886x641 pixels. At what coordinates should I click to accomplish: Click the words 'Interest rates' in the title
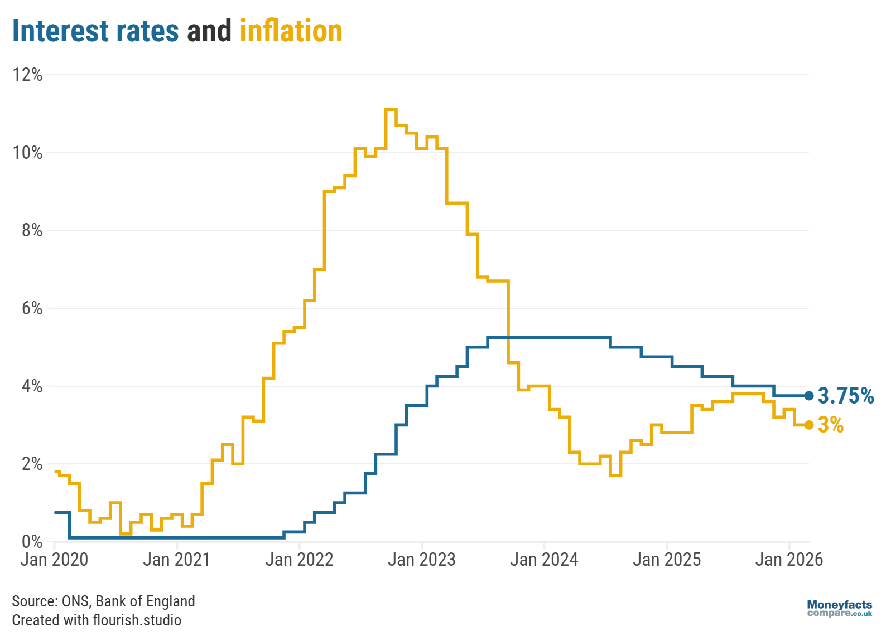95,31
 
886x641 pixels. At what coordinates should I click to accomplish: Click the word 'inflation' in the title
291,31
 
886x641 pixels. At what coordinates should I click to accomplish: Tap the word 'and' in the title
209,31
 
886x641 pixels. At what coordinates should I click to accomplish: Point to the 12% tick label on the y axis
28,75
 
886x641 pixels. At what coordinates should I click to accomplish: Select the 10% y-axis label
28,153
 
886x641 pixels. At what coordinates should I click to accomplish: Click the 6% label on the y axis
32,308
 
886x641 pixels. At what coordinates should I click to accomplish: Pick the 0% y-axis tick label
32,541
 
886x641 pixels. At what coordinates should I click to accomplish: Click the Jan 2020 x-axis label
54,559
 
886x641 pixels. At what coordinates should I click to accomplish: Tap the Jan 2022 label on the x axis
299,559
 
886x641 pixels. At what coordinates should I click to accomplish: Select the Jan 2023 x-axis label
421,559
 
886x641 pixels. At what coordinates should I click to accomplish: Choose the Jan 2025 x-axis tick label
666,559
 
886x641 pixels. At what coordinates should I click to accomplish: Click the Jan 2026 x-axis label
788,559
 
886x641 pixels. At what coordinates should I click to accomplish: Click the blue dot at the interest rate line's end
809,396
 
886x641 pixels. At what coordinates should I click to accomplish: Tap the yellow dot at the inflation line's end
809,425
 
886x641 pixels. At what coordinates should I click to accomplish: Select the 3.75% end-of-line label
845,396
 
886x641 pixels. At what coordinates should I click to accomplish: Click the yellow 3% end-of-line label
830,425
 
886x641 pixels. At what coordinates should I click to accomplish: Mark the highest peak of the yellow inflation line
391,110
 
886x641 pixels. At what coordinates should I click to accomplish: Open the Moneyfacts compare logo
839,608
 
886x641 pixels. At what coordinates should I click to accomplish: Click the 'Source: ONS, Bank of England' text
103,601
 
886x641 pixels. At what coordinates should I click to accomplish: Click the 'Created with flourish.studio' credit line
97,620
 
